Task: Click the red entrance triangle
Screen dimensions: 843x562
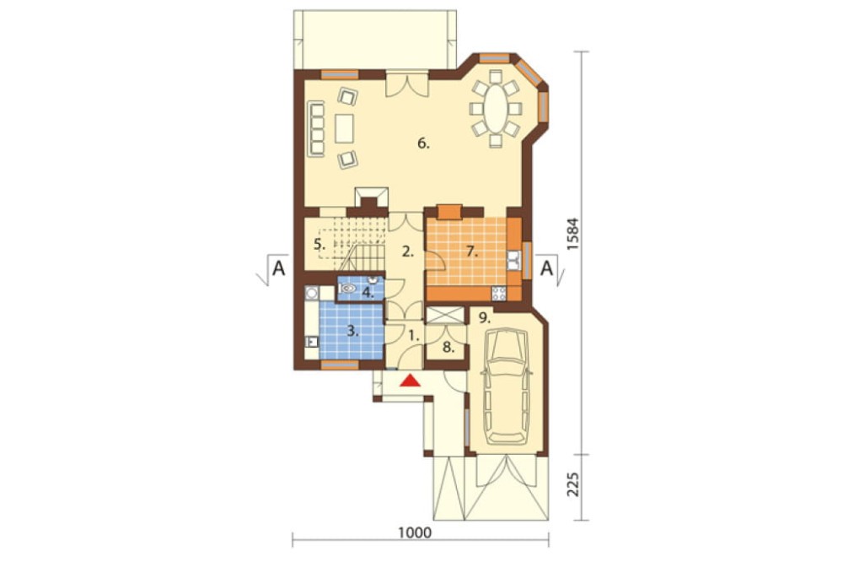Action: (411, 381)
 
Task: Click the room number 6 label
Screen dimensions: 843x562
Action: (424, 143)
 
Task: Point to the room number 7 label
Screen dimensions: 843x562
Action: (472, 251)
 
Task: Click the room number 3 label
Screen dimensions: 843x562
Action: (352, 331)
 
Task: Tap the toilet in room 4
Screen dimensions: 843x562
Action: (348, 289)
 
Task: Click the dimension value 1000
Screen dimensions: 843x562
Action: (415, 532)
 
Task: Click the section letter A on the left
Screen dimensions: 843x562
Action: (278, 267)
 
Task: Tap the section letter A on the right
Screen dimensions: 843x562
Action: (546, 267)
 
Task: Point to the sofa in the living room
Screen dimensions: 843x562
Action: (316, 128)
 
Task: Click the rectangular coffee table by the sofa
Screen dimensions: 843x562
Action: (344, 128)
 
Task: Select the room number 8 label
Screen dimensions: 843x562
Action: (448, 347)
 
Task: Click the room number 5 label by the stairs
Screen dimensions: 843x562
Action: (319, 244)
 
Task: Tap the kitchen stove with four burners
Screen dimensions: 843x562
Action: (498, 294)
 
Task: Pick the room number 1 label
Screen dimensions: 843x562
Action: (413, 337)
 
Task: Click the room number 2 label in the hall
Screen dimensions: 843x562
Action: (408, 251)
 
